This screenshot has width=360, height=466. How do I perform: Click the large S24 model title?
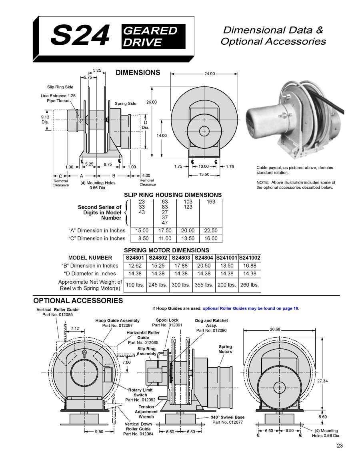[80, 36]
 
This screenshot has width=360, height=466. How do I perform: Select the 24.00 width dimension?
[210, 74]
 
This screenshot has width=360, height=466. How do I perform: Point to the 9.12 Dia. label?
[45, 119]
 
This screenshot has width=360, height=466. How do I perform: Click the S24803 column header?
[181, 258]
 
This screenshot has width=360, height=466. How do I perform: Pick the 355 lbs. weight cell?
[204, 285]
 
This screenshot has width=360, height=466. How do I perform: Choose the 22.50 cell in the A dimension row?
[211, 231]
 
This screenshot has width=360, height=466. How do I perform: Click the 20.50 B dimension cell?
[204, 266]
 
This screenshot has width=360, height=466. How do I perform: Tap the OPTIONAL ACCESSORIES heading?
[78, 300]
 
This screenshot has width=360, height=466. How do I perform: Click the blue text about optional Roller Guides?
[251, 308]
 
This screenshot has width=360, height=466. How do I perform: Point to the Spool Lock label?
[167, 320]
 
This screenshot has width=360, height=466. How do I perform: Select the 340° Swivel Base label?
[228, 417]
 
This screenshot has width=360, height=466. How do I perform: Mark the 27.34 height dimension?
[322, 381]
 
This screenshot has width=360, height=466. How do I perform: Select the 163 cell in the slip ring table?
[211, 202]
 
